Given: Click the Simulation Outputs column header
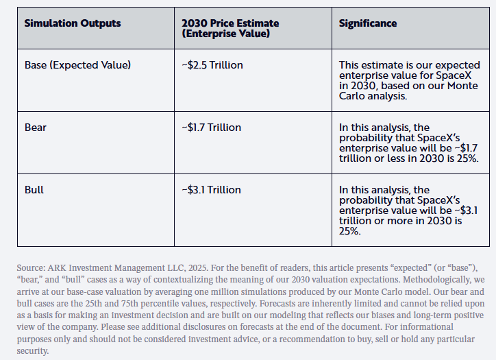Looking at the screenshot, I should tap(73, 23).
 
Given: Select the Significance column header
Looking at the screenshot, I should tap(368, 23).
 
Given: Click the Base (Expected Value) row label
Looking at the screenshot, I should tap(77, 65).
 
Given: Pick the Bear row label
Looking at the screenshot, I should tap(36, 127).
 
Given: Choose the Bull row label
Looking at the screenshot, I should tap(34, 189).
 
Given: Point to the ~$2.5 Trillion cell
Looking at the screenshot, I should tap(212, 65).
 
